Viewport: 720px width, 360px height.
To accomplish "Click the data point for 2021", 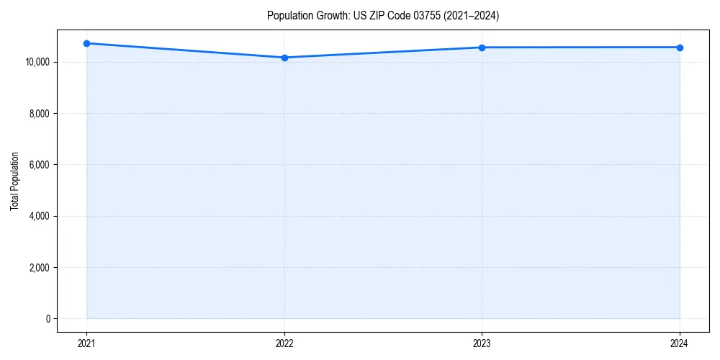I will [86, 43].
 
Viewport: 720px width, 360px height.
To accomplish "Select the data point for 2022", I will [284, 58].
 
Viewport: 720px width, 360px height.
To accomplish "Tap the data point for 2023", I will [482, 48].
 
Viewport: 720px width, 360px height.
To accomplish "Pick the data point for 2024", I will [680, 48].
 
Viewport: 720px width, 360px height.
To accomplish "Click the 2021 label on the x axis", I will [86, 343].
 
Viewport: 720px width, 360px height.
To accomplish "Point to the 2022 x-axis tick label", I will [284, 343].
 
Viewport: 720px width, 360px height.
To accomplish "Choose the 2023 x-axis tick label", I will [482, 343].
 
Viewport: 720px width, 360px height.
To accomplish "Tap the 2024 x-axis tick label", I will [680, 343].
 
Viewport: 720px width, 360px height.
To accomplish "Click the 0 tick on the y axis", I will [48, 319].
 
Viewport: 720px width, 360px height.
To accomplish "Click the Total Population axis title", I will [14, 181].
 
